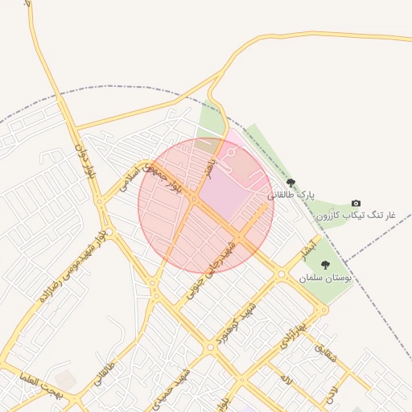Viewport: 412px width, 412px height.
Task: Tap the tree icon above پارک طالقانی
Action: click(290, 183)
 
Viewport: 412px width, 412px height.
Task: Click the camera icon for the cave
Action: click(356, 204)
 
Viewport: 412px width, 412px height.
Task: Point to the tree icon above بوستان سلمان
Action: click(325, 265)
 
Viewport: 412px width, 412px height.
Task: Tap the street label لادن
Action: click(332, 393)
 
